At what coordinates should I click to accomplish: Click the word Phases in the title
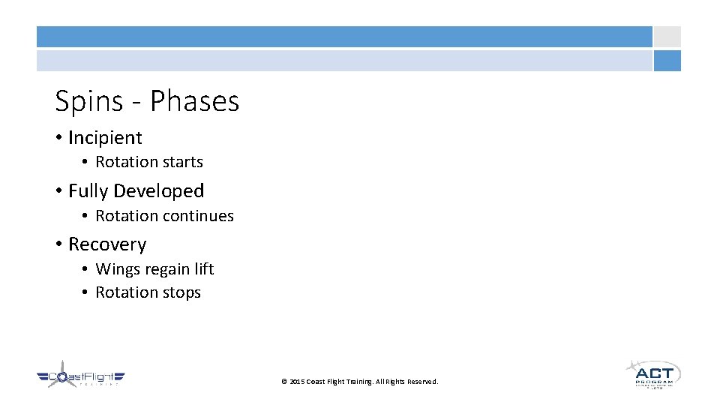click(194, 101)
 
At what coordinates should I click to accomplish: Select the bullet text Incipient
click(105, 138)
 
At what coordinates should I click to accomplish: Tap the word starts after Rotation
click(180, 162)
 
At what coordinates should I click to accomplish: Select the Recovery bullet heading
click(107, 244)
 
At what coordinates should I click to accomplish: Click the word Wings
click(113, 269)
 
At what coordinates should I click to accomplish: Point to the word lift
click(205, 268)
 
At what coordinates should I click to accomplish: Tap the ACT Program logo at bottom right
click(652, 373)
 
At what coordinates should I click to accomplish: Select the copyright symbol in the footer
click(283, 382)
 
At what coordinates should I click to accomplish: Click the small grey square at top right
click(667, 37)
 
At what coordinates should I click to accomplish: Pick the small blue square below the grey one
click(667, 61)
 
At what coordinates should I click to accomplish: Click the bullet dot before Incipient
click(58, 138)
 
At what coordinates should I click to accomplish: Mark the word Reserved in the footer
click(421, 382)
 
